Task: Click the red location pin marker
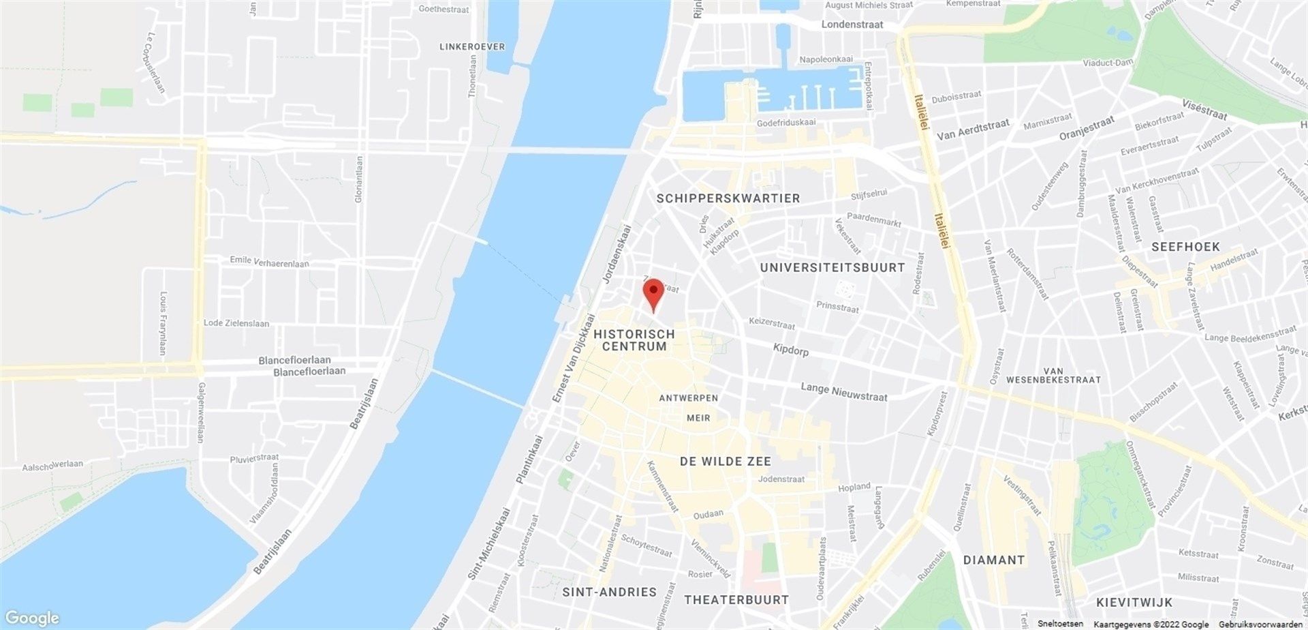click(654, 293)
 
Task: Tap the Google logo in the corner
click(31, 618)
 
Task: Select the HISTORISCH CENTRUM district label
click(634, 340)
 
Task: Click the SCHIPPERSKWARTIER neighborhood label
click(728, 198)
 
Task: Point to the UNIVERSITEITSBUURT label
click(832, 268)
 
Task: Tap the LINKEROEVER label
click(472, 46)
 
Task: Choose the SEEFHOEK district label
click(1185, 247)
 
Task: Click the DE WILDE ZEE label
click(726, 462)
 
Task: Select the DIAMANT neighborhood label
click(994, 560)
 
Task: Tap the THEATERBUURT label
click(736, 600)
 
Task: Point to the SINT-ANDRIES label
click(609, 592)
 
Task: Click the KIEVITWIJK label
click(1134, 602)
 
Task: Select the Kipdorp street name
click(791, 350)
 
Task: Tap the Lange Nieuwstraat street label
click(844, 391)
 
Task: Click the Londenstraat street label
click(852, 25)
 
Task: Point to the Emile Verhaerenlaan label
click(269, 262)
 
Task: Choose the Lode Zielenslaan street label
click(236, 323)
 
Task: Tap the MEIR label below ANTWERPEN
click(698, 418)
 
